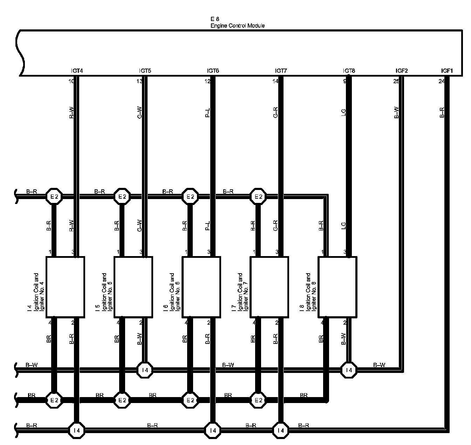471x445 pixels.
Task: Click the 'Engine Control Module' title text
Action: click(237, 26)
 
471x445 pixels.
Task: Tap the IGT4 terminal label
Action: click(77, 71)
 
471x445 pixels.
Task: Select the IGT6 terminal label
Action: click(213, 71)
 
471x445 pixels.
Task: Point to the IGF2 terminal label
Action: click(402, 71)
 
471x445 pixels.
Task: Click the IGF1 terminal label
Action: click(447, 71)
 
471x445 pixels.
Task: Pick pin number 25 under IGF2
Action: click(396, 82)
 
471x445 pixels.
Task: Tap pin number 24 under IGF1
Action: click(441, 82)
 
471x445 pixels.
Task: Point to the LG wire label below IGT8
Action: click(343, 112)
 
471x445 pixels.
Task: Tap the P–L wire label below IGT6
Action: click(207, 112)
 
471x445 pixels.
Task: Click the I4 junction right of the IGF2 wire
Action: click(349, 370)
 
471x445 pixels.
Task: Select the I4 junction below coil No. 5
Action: click(145, 370)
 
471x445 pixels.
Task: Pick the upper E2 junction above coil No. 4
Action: click(54, 197)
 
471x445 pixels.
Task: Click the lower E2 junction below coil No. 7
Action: click(258, 400)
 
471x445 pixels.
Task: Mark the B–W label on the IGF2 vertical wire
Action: click(396, 112)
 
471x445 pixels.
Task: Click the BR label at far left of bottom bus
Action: click(32, 395)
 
